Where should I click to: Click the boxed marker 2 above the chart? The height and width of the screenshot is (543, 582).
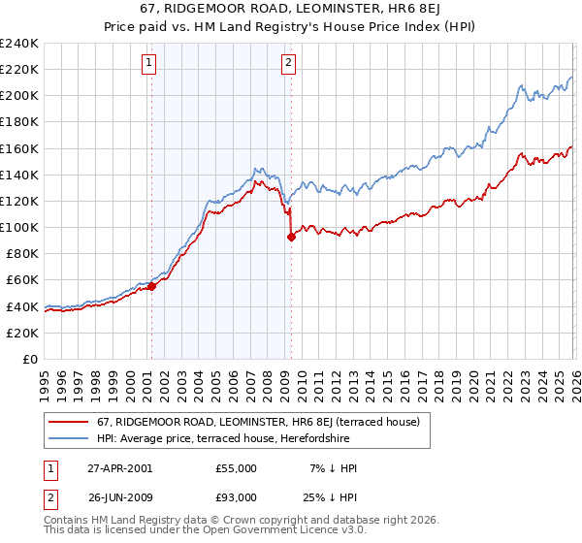coord(289,64)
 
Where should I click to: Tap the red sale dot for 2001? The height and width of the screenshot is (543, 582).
coord(151,286)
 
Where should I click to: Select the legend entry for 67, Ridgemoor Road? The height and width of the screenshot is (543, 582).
coord(257,422)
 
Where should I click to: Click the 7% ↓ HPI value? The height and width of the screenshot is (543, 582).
coord(331,468)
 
